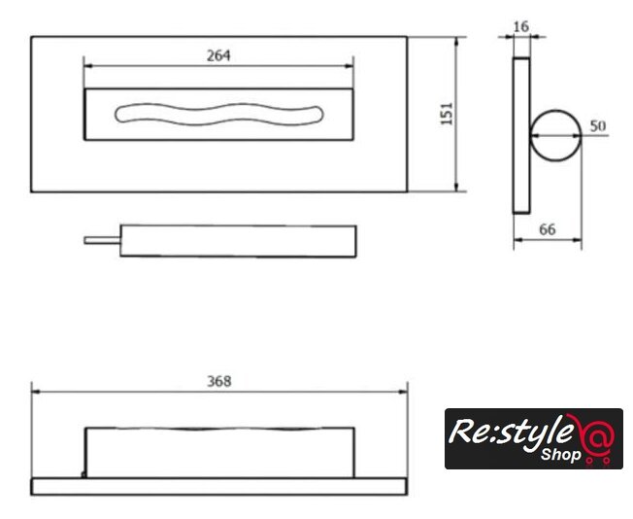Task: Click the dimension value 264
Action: [218, 55]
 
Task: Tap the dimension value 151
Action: [447, 114]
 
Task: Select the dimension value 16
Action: [520, 26]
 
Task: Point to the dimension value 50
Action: [598, 126]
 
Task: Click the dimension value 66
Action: [548, 229]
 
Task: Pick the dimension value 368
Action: [219, 381]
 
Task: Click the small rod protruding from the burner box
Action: [102, 240]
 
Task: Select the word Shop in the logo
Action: [561, 454]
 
